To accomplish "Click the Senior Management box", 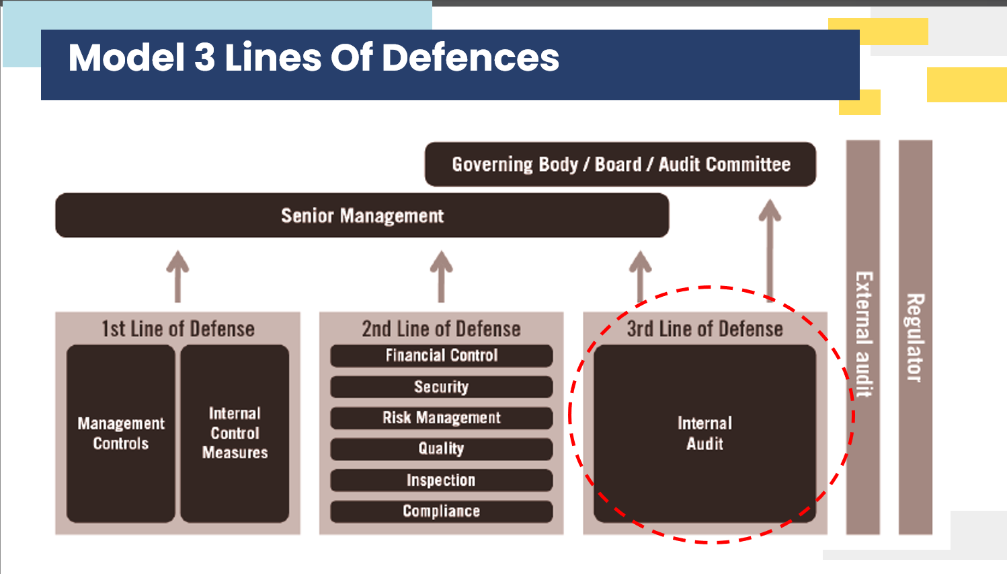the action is tap(362, 215).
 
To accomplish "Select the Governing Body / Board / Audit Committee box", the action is tap(620, 164).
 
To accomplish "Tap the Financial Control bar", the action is tap(442, 356).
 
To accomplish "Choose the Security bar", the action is tap(442, 387).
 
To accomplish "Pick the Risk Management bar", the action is tap(442, 418).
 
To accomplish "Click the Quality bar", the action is tap(442, 449).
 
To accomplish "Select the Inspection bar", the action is tap(442, 480).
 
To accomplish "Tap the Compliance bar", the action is tap(442, 511).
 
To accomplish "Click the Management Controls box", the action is tap(121, 433).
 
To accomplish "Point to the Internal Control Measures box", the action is tap(235, 433).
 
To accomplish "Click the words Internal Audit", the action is tap(705, 433).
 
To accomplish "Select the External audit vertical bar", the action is tap(863, 337).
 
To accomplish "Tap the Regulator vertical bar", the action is tap(916, 337).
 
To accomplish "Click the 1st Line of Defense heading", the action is tap(178, 329).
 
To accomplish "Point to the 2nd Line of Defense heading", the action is tap(442, 329).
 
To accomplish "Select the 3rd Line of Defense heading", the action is tap(705, 329).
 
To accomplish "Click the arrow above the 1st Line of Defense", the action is tap(177, 276).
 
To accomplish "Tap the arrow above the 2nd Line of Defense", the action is tap(442, 276).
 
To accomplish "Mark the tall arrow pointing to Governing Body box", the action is tap(770, 250).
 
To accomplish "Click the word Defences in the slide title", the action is tap(471, 58).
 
